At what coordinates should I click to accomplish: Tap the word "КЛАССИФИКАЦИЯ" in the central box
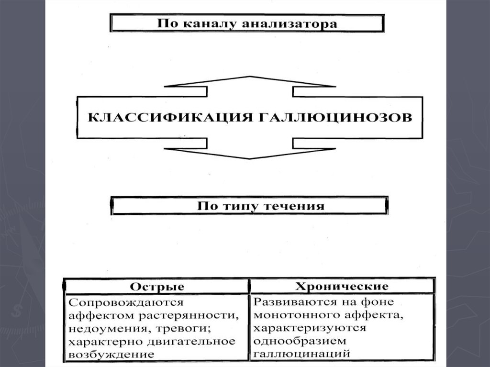point(170,118)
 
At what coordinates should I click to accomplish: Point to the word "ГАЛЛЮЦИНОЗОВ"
point(335,118)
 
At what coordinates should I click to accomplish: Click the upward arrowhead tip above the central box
point(249,76)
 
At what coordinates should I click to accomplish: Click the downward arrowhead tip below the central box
point(249,159)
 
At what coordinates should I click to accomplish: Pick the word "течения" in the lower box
point(294,206)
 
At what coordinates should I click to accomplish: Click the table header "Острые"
point(157,287)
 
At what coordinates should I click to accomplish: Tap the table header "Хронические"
point(342,286)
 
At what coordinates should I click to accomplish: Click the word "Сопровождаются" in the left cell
point(126,303)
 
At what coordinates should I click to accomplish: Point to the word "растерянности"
point(189,316)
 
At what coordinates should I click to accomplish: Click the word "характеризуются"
point(310,328)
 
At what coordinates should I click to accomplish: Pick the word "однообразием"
point(300,341)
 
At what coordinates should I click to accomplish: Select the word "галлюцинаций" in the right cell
point(302,354)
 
